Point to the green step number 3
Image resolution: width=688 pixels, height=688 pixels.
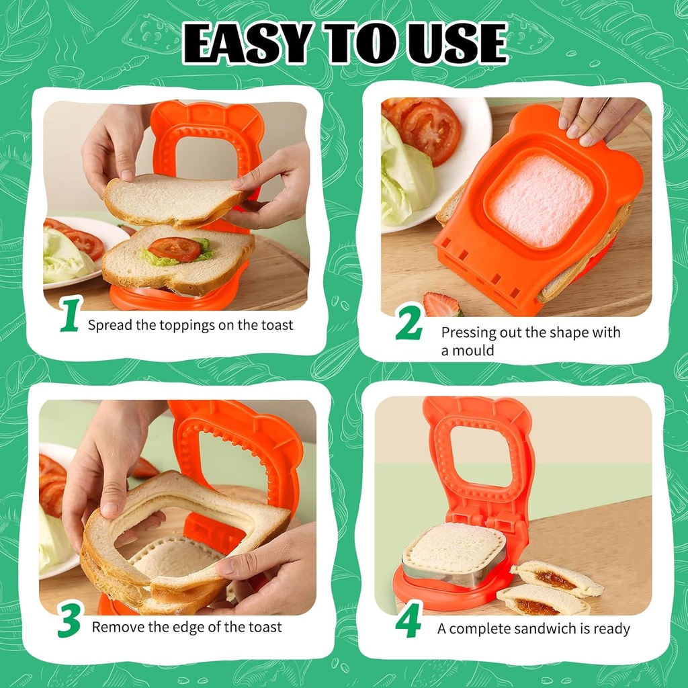69,621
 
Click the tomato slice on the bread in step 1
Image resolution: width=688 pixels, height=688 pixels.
174,248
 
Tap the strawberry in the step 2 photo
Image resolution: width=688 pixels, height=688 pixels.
440,305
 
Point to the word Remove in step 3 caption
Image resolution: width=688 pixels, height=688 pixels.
115,628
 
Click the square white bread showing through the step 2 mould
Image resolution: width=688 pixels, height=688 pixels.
540,199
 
